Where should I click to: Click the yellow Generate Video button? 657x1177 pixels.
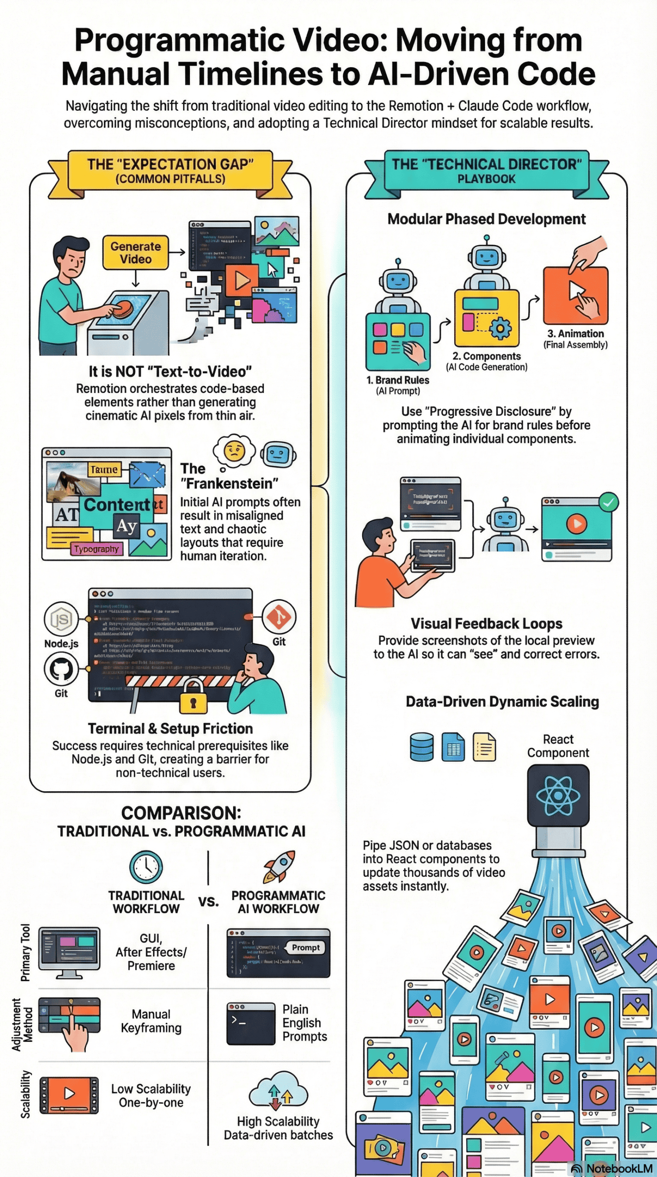(x=136, y=252)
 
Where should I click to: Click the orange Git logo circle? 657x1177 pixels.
(x=279, y=617)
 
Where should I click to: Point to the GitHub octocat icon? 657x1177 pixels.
(x=61, y=669)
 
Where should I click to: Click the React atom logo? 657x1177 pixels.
(x=558, y=795)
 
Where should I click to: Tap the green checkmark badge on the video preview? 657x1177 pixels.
(x=608, y=503)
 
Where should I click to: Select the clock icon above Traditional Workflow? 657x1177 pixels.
(x=146, y=867)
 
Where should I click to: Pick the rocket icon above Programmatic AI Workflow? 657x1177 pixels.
(x=279, y=866)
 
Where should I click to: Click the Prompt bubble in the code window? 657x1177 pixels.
(x=305, y=948)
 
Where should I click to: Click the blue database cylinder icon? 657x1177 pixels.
(x=421, y=747)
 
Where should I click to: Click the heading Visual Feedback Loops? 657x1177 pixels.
(x=486, y=623)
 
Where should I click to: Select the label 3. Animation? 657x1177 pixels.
(x=575, y=334)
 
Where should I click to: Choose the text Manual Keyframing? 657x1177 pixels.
(x=151, y=1021)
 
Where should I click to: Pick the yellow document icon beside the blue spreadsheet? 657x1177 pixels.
(x=484, y=747)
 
